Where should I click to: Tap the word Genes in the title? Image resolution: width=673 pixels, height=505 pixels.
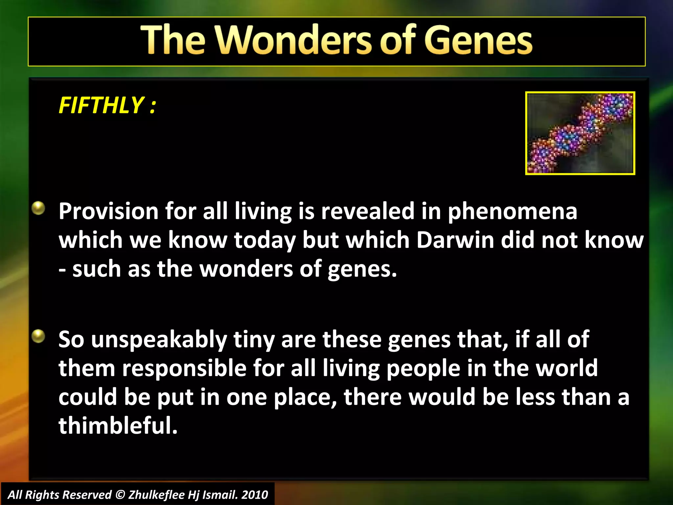pos(478,40)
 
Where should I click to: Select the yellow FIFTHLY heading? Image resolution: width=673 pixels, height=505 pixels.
pos(107,106)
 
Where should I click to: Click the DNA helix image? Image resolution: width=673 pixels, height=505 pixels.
pos(580,133)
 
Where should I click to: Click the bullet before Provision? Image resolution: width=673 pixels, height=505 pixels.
pos(38,208)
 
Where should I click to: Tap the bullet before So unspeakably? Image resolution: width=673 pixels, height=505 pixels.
pos(38,336)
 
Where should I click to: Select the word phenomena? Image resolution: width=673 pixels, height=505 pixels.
pos(513,212)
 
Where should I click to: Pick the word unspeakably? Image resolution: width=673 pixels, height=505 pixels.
pos(159,340)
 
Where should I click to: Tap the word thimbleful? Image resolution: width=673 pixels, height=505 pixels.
pos(118,425)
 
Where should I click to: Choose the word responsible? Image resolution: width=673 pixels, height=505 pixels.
pos(184,368)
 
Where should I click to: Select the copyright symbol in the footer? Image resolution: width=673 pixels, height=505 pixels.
pos(120,495)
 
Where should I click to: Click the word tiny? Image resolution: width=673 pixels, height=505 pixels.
pos(254,340)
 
